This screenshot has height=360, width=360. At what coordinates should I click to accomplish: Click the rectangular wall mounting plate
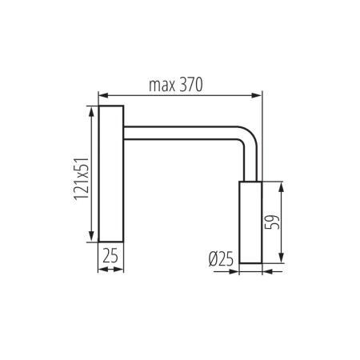[x=110, y=173]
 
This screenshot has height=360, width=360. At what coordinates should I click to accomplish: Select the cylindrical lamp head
[x=250, y=222]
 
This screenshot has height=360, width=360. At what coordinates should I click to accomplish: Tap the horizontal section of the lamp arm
[x=180, y=130]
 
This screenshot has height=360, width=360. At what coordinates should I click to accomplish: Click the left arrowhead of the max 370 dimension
[x=102, y=95]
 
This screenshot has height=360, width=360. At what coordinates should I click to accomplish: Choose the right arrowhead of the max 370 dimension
[x=258, y=95]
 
